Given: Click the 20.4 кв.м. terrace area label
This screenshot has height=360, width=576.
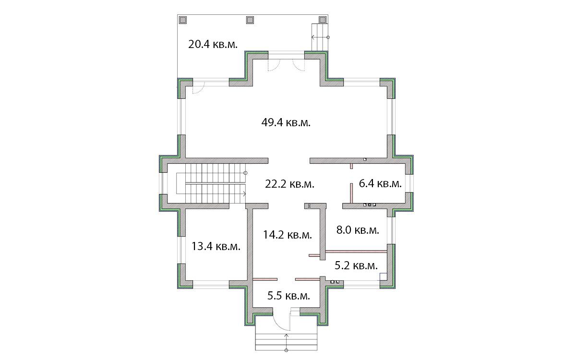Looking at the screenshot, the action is tap(213, 44).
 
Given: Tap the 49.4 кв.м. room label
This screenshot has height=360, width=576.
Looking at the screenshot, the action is tap(286, 122).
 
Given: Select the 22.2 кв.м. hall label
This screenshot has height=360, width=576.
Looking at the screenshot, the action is tap(289, 184).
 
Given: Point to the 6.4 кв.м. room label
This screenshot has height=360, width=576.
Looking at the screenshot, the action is tap(380, 183).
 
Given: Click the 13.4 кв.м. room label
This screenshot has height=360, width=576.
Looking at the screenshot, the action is tap(216, 246).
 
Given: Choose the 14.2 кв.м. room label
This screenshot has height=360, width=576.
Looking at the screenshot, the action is tap(288, 235).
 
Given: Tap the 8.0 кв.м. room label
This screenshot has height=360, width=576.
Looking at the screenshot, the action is tap(358, 230).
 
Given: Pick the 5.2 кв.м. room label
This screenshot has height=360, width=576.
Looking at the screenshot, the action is tap(356, 265).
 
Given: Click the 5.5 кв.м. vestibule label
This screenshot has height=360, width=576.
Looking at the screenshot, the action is tap(288, 296).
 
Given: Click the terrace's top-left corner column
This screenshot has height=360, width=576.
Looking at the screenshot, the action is tap(183, 20).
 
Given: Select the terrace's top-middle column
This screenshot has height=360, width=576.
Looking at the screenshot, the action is tap(250, 20).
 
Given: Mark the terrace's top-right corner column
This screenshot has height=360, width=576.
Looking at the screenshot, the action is tap(323, 20).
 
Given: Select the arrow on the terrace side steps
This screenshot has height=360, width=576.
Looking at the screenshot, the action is tap(320, 37).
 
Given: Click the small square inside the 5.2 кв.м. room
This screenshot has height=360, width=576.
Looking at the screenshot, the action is tap(384, 276).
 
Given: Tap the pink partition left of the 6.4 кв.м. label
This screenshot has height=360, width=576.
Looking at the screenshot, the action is tap(351, 193).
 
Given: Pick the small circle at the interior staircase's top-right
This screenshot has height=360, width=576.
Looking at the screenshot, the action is tap(245, 173).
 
